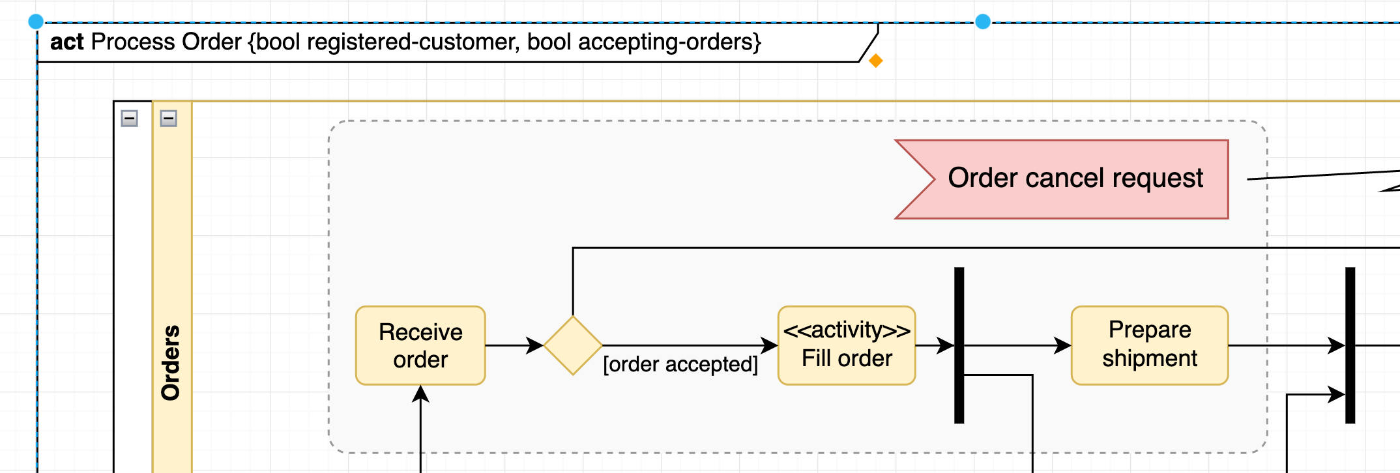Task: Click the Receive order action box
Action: click(420, 346)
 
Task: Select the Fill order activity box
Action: click(847, 345)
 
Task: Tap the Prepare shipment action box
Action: click(1150, 345)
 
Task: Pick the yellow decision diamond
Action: click(573, 345)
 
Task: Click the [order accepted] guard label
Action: click(680, 364)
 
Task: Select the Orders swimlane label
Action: click(171, 362)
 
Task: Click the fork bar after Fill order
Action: click(959, 345)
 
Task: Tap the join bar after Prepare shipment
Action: click(1350, 345)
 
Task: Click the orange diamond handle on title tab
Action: click(876, 61)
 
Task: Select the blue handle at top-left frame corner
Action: click(36, 22)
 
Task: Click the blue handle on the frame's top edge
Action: click(983, 22)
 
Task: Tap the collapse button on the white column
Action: click(130, 119)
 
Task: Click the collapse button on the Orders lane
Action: click(169, 119)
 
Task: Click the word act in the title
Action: click(66, 42)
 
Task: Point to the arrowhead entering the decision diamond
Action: click(536, 345)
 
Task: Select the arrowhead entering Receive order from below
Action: click(420, 394)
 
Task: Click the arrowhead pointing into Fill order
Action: click(770, 345)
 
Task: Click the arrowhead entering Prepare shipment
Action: click(1063, 345)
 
